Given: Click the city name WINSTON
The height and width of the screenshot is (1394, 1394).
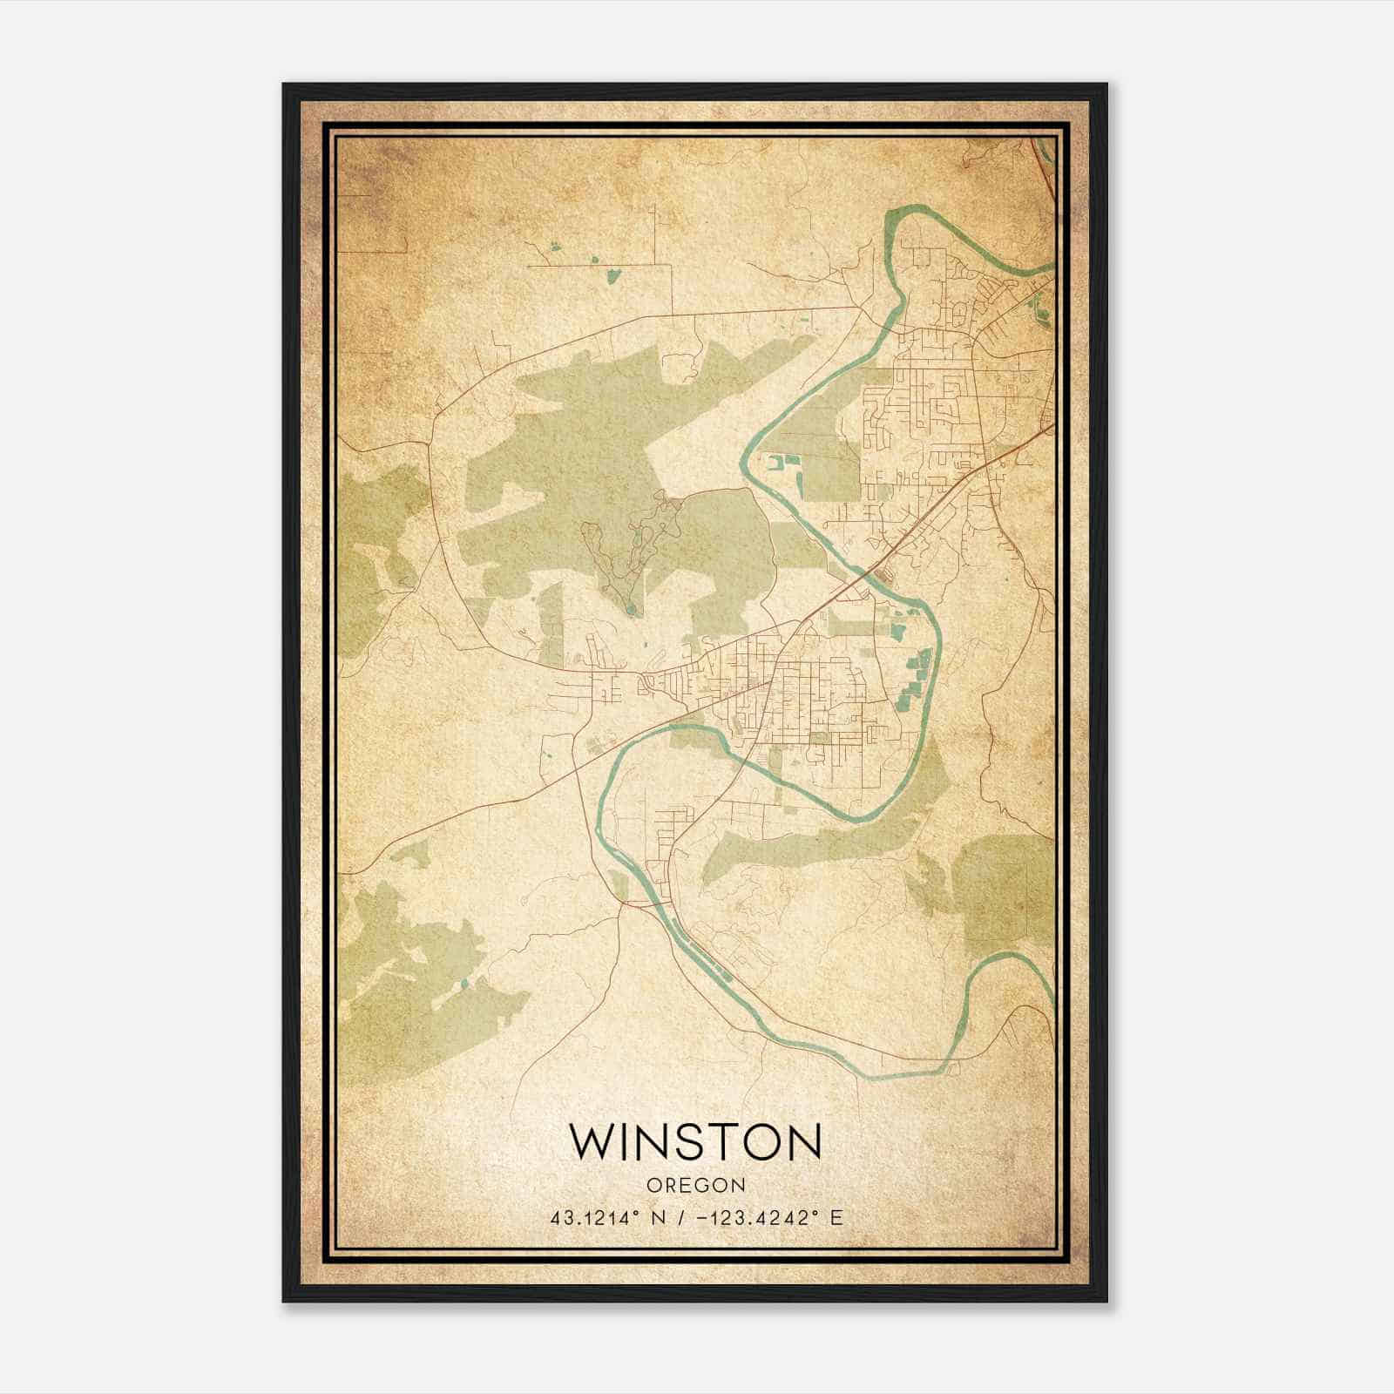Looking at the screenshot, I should [695, 1141].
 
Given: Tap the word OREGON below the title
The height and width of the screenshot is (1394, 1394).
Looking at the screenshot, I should [695, 1186].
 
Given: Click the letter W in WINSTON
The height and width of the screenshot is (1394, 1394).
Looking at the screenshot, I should [592, 1141].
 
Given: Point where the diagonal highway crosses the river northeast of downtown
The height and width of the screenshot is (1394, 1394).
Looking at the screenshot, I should [864, 571].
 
